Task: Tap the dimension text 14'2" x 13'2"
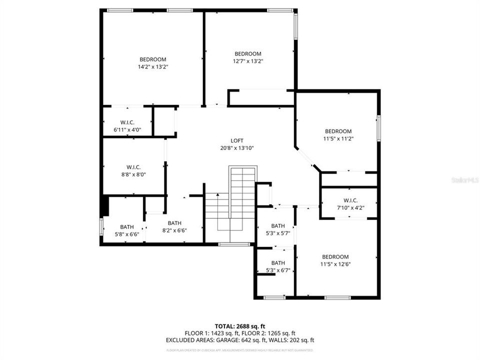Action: (x=152, y=66)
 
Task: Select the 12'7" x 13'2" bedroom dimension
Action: (x=248, y=61)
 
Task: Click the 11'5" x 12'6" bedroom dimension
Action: (x=335, y=264)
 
